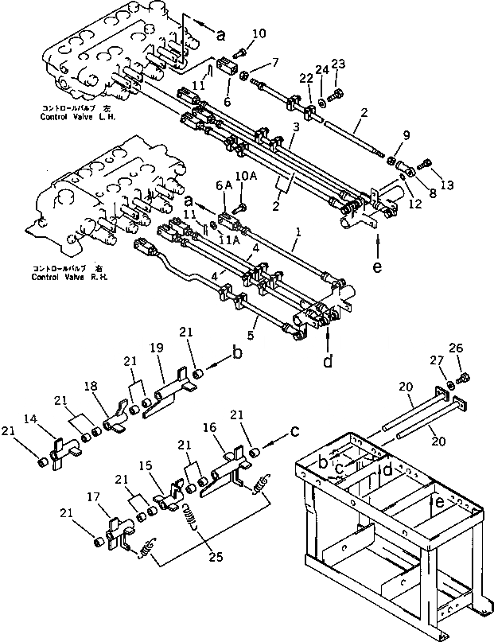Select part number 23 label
[338, 65]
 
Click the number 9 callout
[407, 136]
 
